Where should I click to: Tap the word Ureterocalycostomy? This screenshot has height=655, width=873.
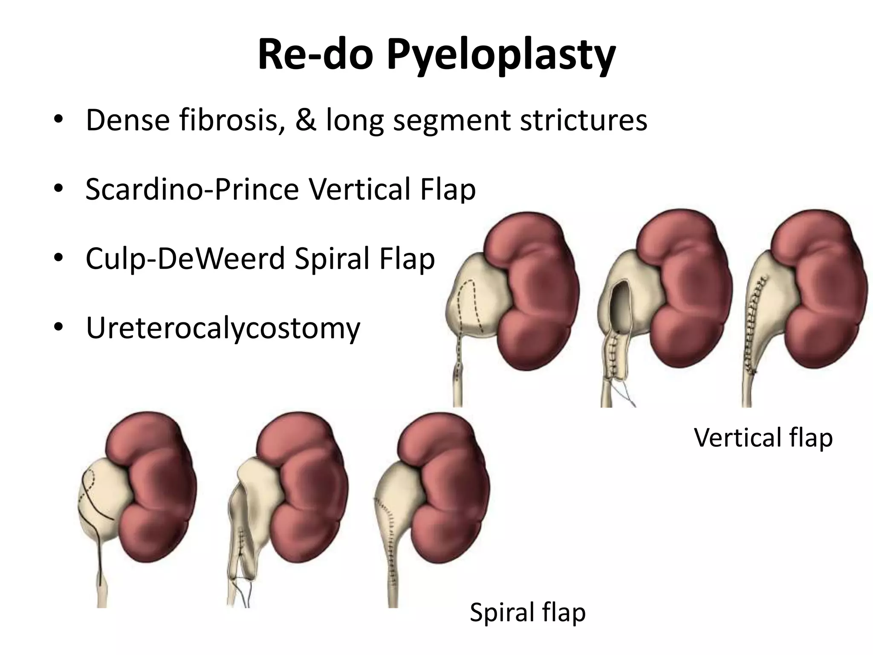click(223, 328)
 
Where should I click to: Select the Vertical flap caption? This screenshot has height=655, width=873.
click(763, 438)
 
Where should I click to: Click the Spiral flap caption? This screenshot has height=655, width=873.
click(528, 612)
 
